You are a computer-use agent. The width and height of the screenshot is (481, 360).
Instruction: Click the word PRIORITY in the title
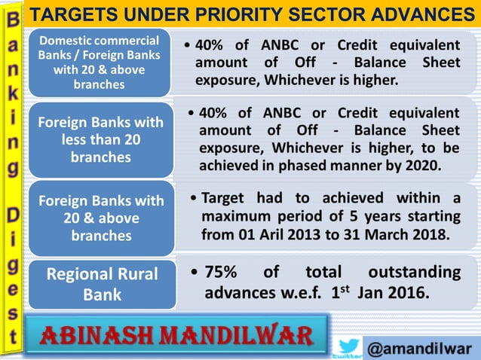click(262, 14)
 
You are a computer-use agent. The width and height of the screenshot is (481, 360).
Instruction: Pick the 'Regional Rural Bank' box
click(101, 283)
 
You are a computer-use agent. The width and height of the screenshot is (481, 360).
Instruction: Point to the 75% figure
click(224, 272)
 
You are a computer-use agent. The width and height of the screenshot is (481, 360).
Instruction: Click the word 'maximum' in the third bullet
click(235, 216)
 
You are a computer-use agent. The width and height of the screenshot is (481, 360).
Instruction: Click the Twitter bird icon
click(348, 345)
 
